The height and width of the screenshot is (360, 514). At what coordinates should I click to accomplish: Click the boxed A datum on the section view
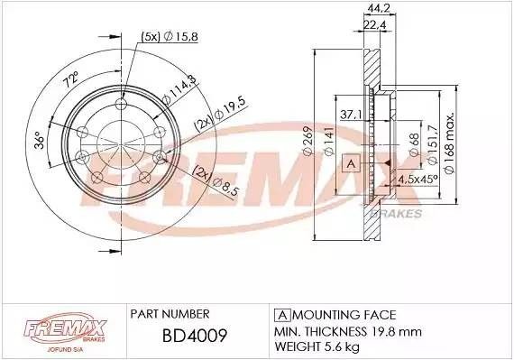pos(353,162)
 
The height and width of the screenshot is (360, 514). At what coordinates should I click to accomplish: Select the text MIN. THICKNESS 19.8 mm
pos(346,329)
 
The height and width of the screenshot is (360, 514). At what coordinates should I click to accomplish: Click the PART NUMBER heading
pos(170,314)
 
